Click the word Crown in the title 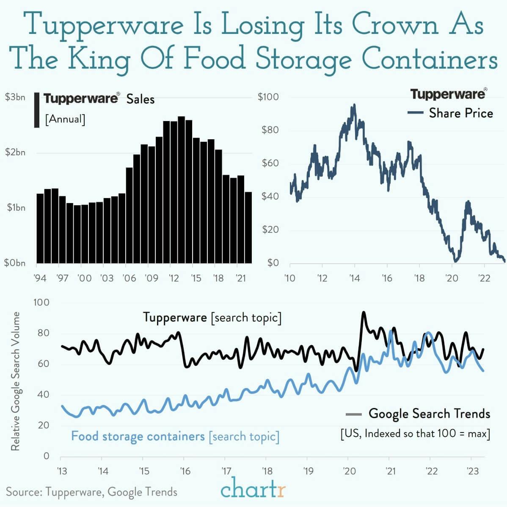tap(396, 25)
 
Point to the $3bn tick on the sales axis tap(15, 97)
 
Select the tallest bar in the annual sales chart tap(181, 189)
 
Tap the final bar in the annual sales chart tap(248, 227)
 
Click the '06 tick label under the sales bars tap(129, 278)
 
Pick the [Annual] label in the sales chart tap(65, 119)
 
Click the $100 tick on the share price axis tap(268, 97)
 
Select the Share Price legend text tap(460, 113)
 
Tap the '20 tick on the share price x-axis tap(452, 278)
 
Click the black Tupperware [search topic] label tap(212, 317)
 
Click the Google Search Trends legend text tap(429, 413)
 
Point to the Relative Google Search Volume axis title tap(16, 381)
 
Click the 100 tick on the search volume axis tap(41, 303)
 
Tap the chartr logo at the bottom tap(253, 490)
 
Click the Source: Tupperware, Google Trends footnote tap(91, 492)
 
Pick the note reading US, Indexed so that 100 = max tap(415, 434)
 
